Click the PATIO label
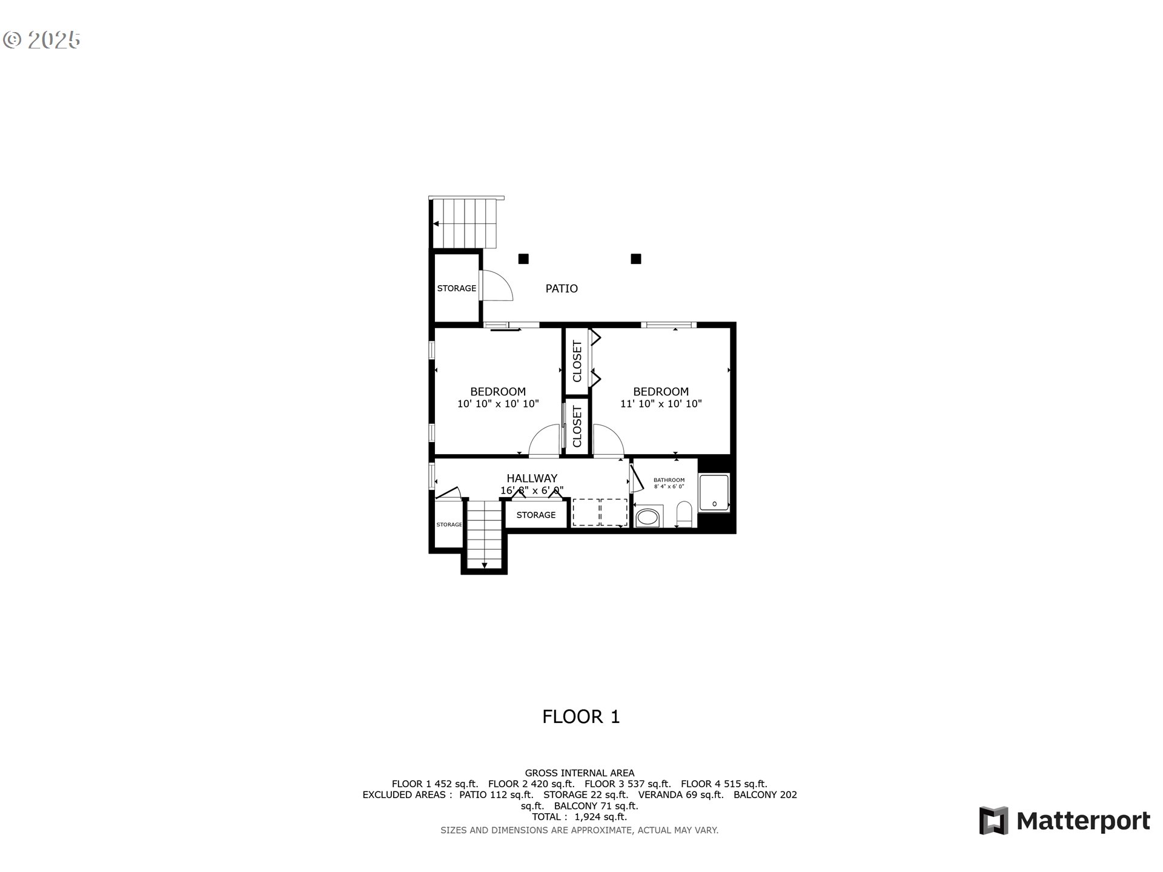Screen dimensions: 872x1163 tap(562, 289)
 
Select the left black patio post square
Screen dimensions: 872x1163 tap(523, 259)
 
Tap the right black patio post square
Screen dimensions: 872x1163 tap(636, 259)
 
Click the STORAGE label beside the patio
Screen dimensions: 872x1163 tap(457, 289)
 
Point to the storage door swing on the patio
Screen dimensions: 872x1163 tap(499, 286)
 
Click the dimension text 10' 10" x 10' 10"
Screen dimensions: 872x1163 tap(498, 404)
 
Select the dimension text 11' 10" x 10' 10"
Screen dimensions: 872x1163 tap(661, 404)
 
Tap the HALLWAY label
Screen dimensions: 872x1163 tap(532, 478)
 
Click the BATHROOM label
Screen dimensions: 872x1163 tap(669, 480)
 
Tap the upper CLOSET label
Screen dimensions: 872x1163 tap(577, 362)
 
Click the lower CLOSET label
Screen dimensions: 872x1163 tap(577, 427)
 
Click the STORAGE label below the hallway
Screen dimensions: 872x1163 tap(536, 515)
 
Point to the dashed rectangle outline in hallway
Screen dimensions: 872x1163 tap(600, 512)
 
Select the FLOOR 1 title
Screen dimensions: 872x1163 tap(581, 717)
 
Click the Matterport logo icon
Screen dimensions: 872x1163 tap(993, 821)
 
